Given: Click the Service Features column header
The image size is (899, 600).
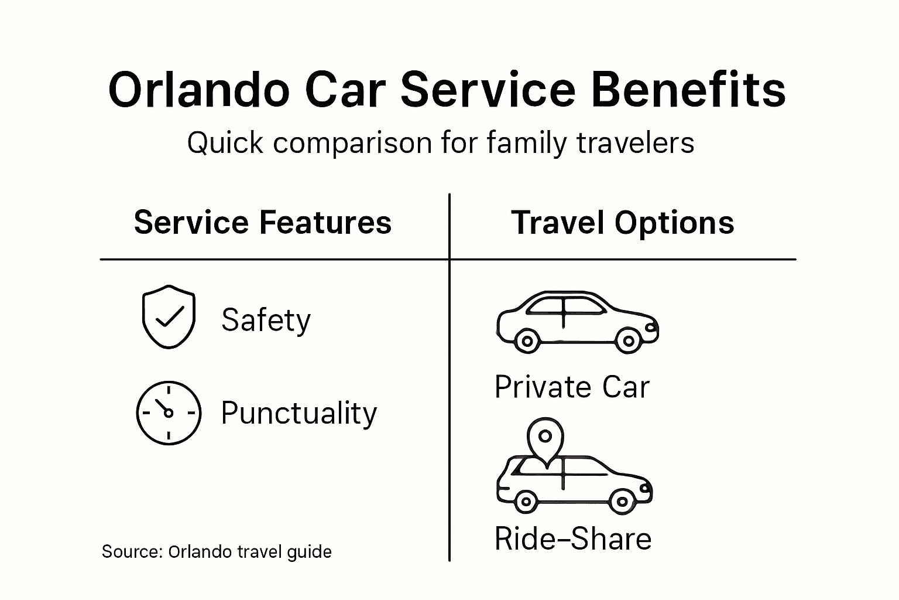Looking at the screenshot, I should [x=262, y=223].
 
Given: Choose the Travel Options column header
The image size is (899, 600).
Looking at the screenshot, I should [x=622, y=223].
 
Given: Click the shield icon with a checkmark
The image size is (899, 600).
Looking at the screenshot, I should [x=169, y=316].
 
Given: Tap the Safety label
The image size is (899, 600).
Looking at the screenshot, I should [x=266, y=320].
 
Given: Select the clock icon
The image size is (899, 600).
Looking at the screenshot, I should [x=169, y=412].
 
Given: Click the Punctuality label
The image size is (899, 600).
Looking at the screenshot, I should [x=298, y=414].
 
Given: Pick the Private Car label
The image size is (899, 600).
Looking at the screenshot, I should [x=572, y=387].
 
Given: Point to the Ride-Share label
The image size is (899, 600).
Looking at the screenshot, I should [x=572, y=539].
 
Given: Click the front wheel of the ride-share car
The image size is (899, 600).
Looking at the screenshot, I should [x=622, y=502].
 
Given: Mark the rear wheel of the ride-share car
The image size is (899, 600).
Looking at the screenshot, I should [x=526, y=502].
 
